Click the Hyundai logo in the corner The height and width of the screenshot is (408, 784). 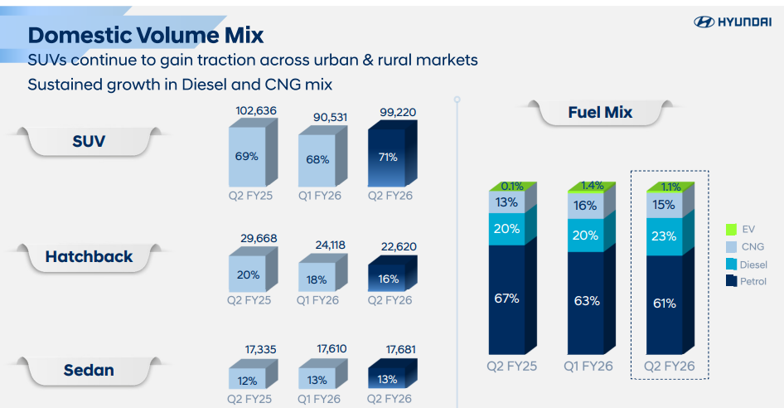coord(732,22)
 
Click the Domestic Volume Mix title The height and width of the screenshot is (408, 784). coord(145,36)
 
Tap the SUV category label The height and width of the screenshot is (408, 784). coord(89,141)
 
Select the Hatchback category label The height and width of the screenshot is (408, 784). coord(89,256)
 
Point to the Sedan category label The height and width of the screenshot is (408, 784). coord(89,370)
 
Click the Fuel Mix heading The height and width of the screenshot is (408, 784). coord(599,112)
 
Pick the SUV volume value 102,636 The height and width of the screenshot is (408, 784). coord(255,110)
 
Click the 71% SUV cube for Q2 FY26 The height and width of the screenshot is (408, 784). coord(388,157)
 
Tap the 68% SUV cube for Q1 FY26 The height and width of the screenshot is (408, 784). coord(318,158)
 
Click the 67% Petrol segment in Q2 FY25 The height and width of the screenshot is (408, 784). coord(507,299)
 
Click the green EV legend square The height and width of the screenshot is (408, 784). coord(731,228)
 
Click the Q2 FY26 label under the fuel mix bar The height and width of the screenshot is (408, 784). coord(669,366)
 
